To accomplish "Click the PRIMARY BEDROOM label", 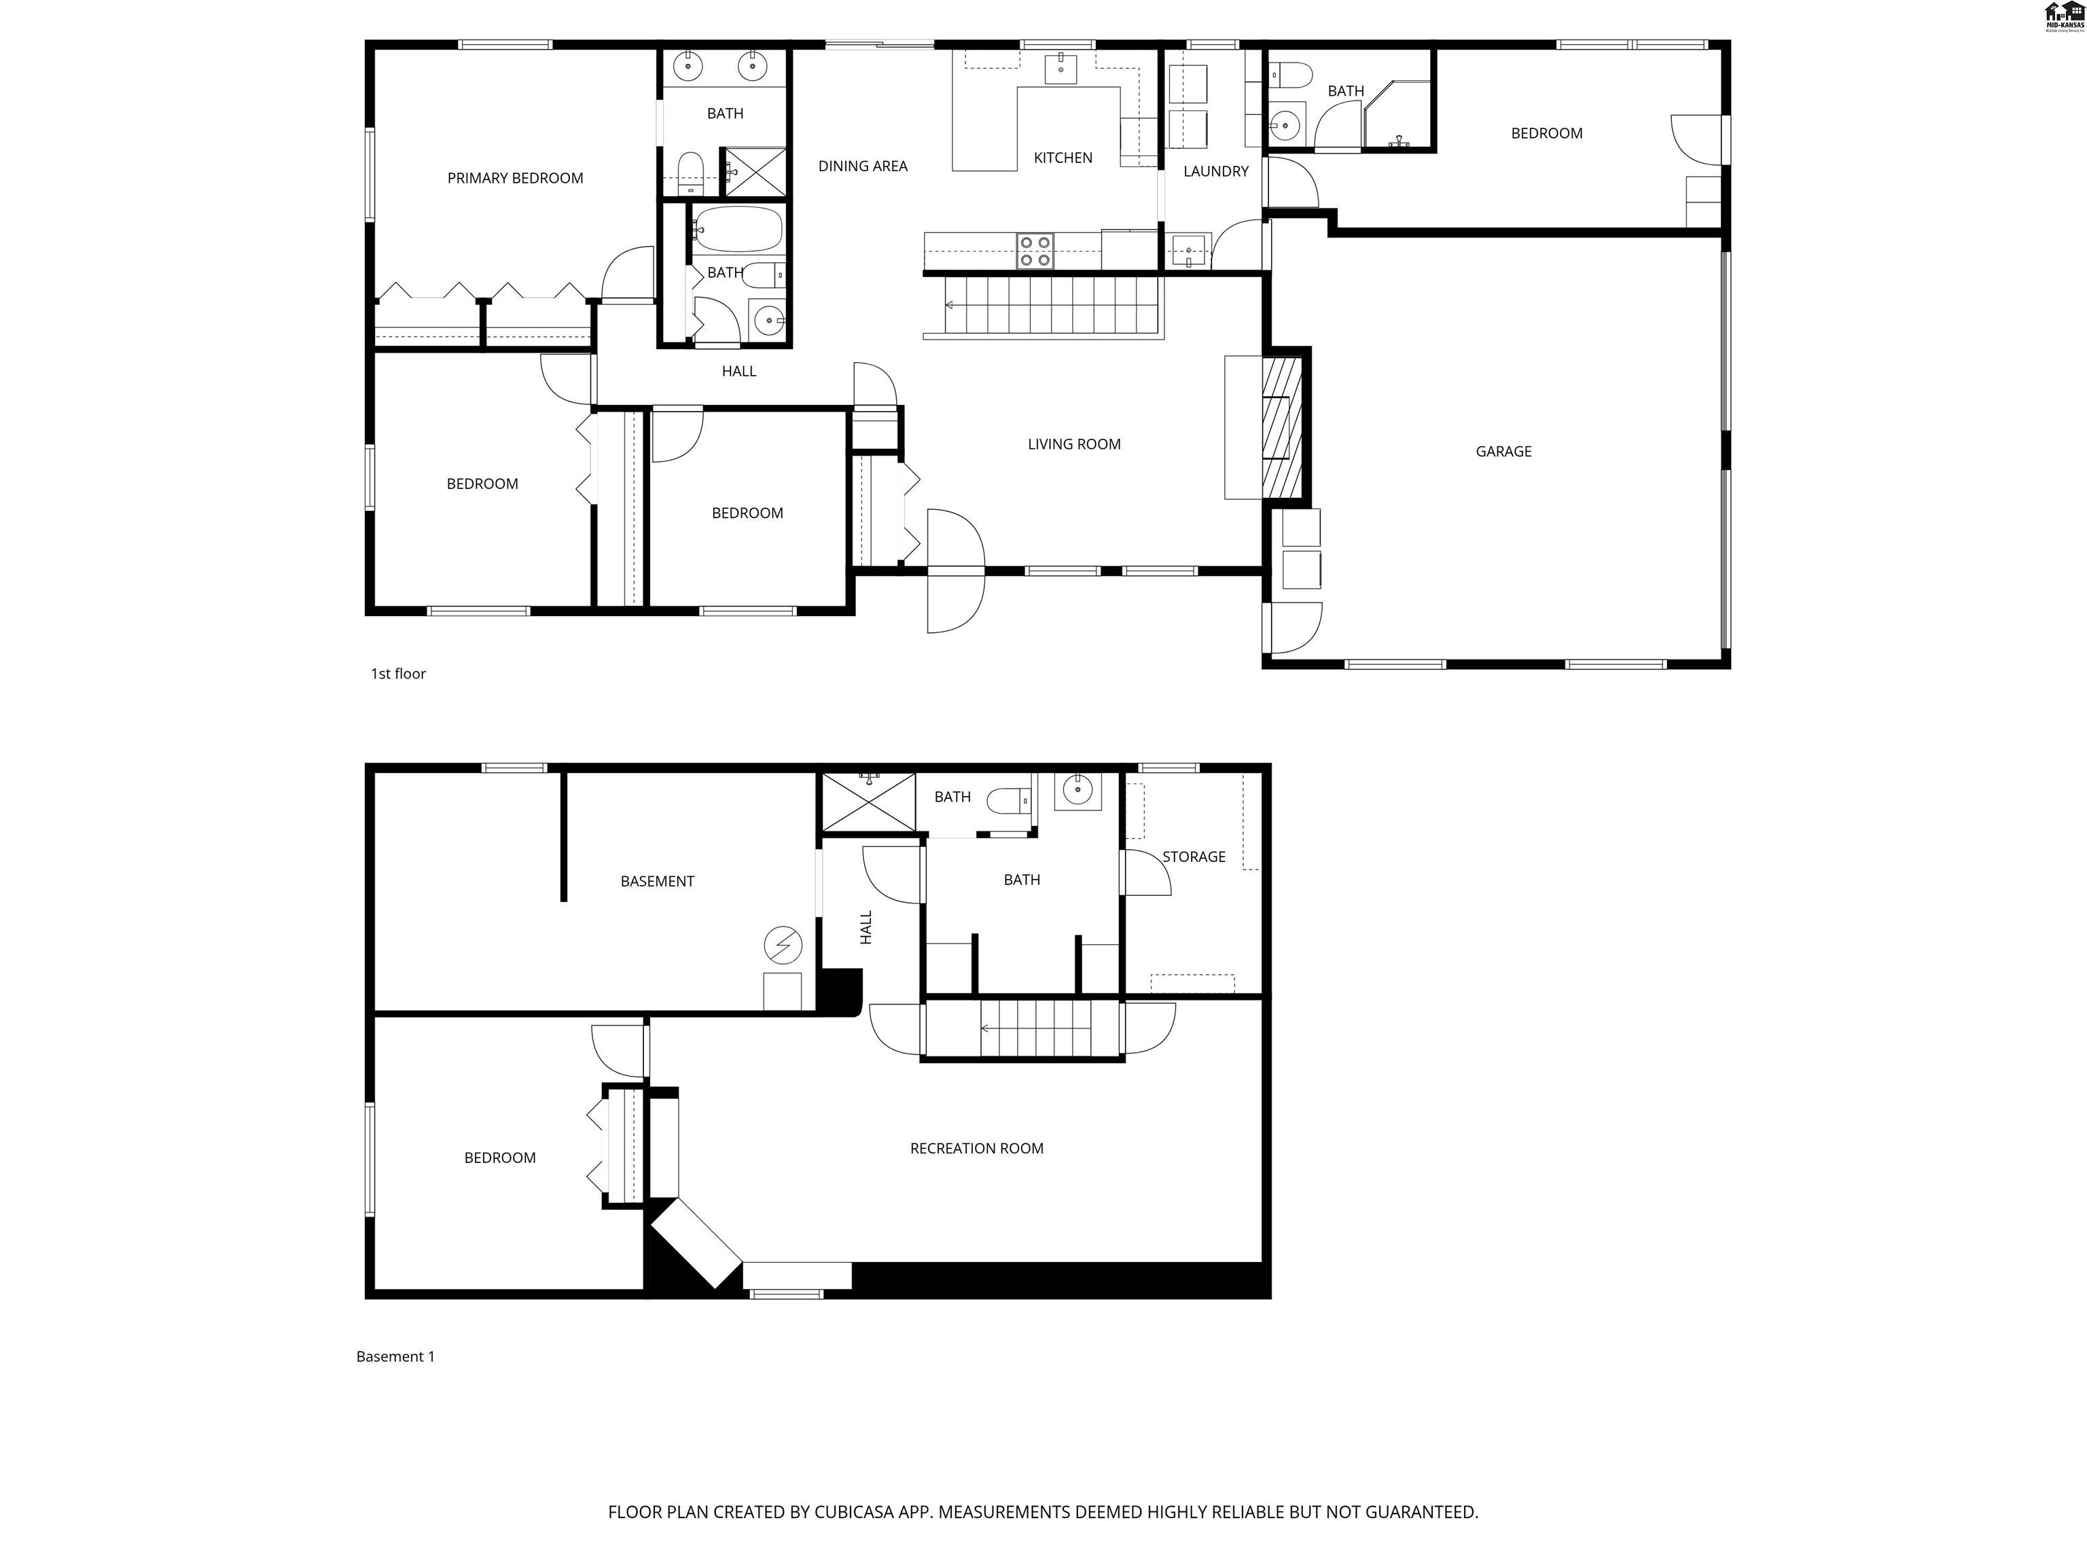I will pos(515,178).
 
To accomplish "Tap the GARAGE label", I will pos(1503,452).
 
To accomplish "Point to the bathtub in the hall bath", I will pos(738,229).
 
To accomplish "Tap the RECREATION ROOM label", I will pos(976,1148).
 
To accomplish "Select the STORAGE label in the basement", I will pos(1194,857).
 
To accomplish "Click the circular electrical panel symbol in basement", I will pos(782,944).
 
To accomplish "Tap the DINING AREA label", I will pos(862,166).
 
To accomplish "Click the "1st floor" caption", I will pos(398,674).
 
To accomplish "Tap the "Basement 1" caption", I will pos(395,1356).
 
